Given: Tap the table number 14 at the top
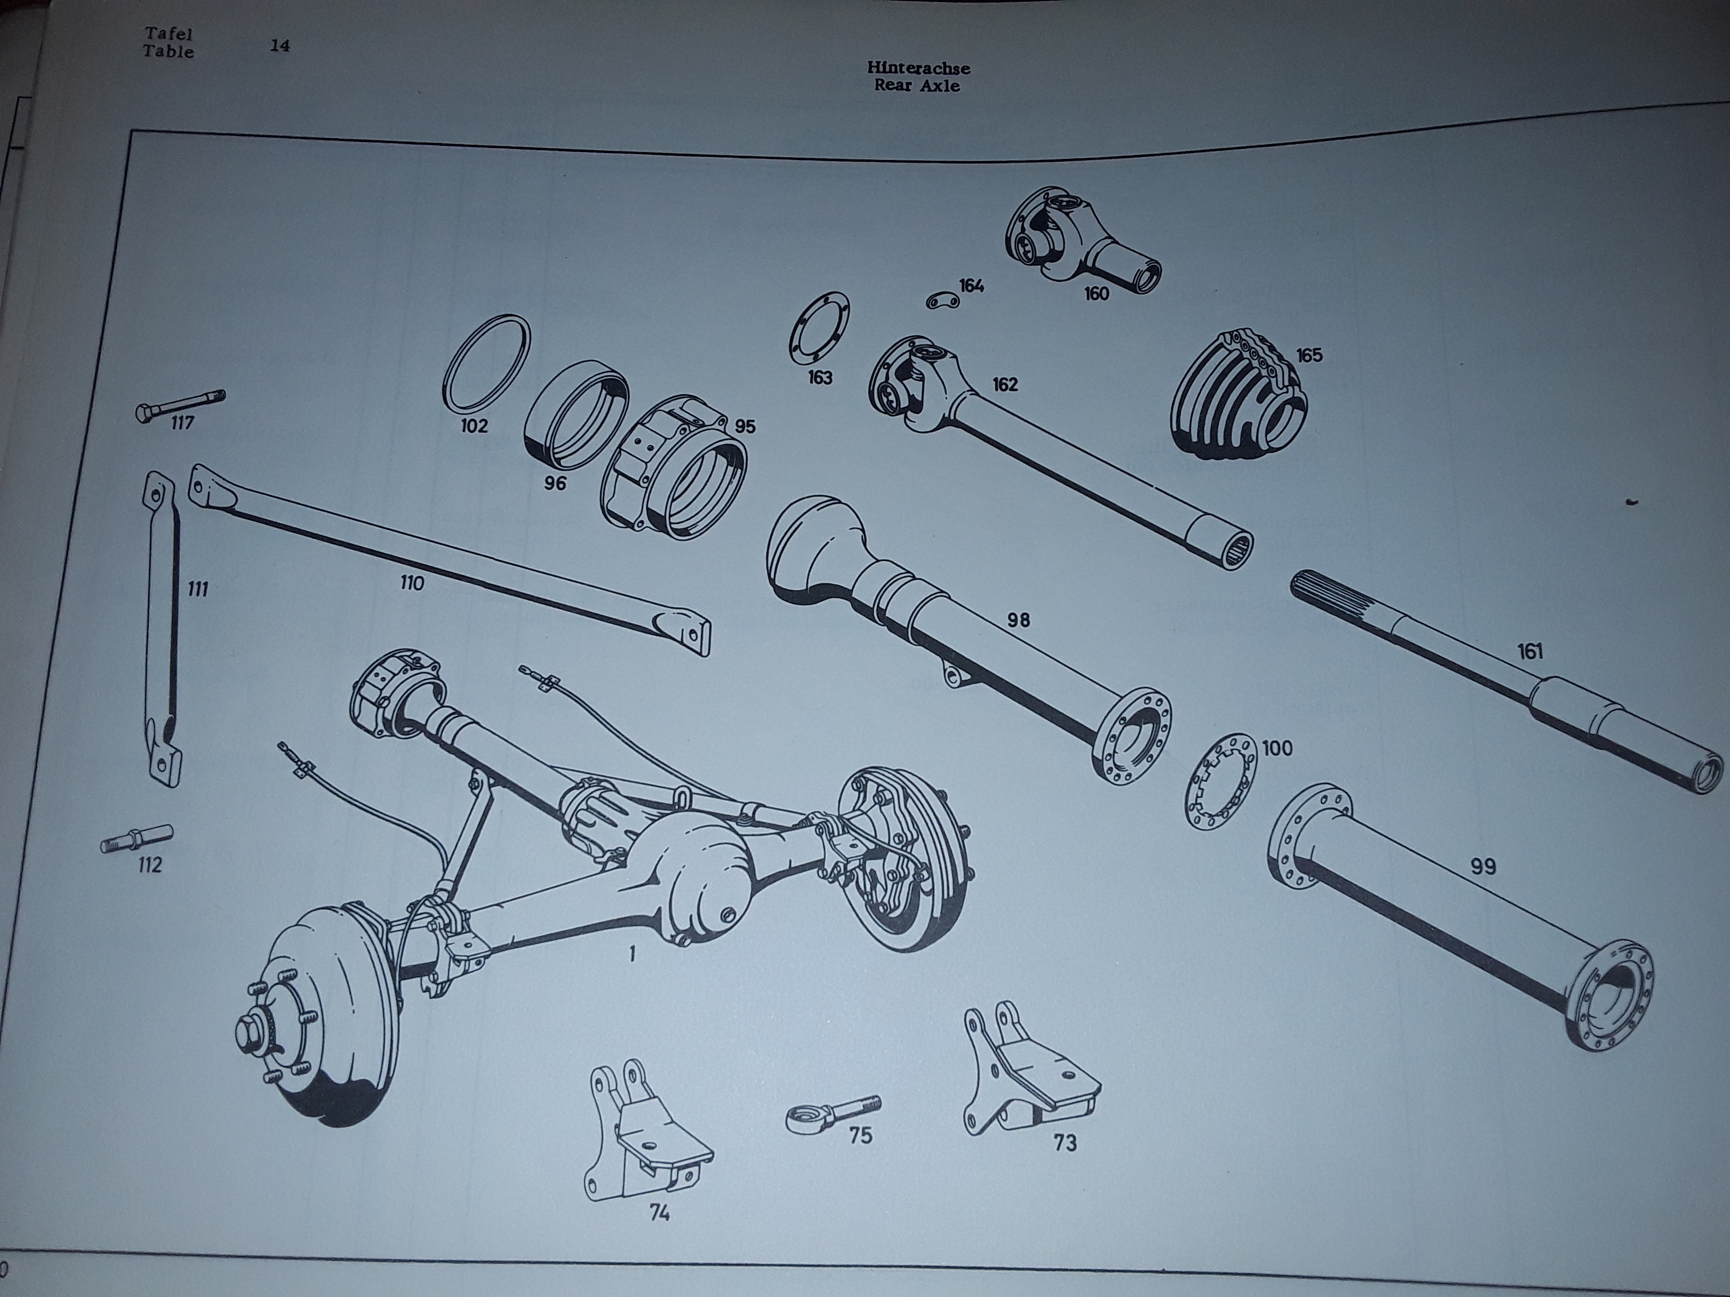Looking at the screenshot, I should pos(280,46).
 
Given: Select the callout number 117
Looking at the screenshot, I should pos(182,423).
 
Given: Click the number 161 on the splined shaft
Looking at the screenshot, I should pos(1530,651).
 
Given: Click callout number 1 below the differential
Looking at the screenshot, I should pos(631,953).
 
